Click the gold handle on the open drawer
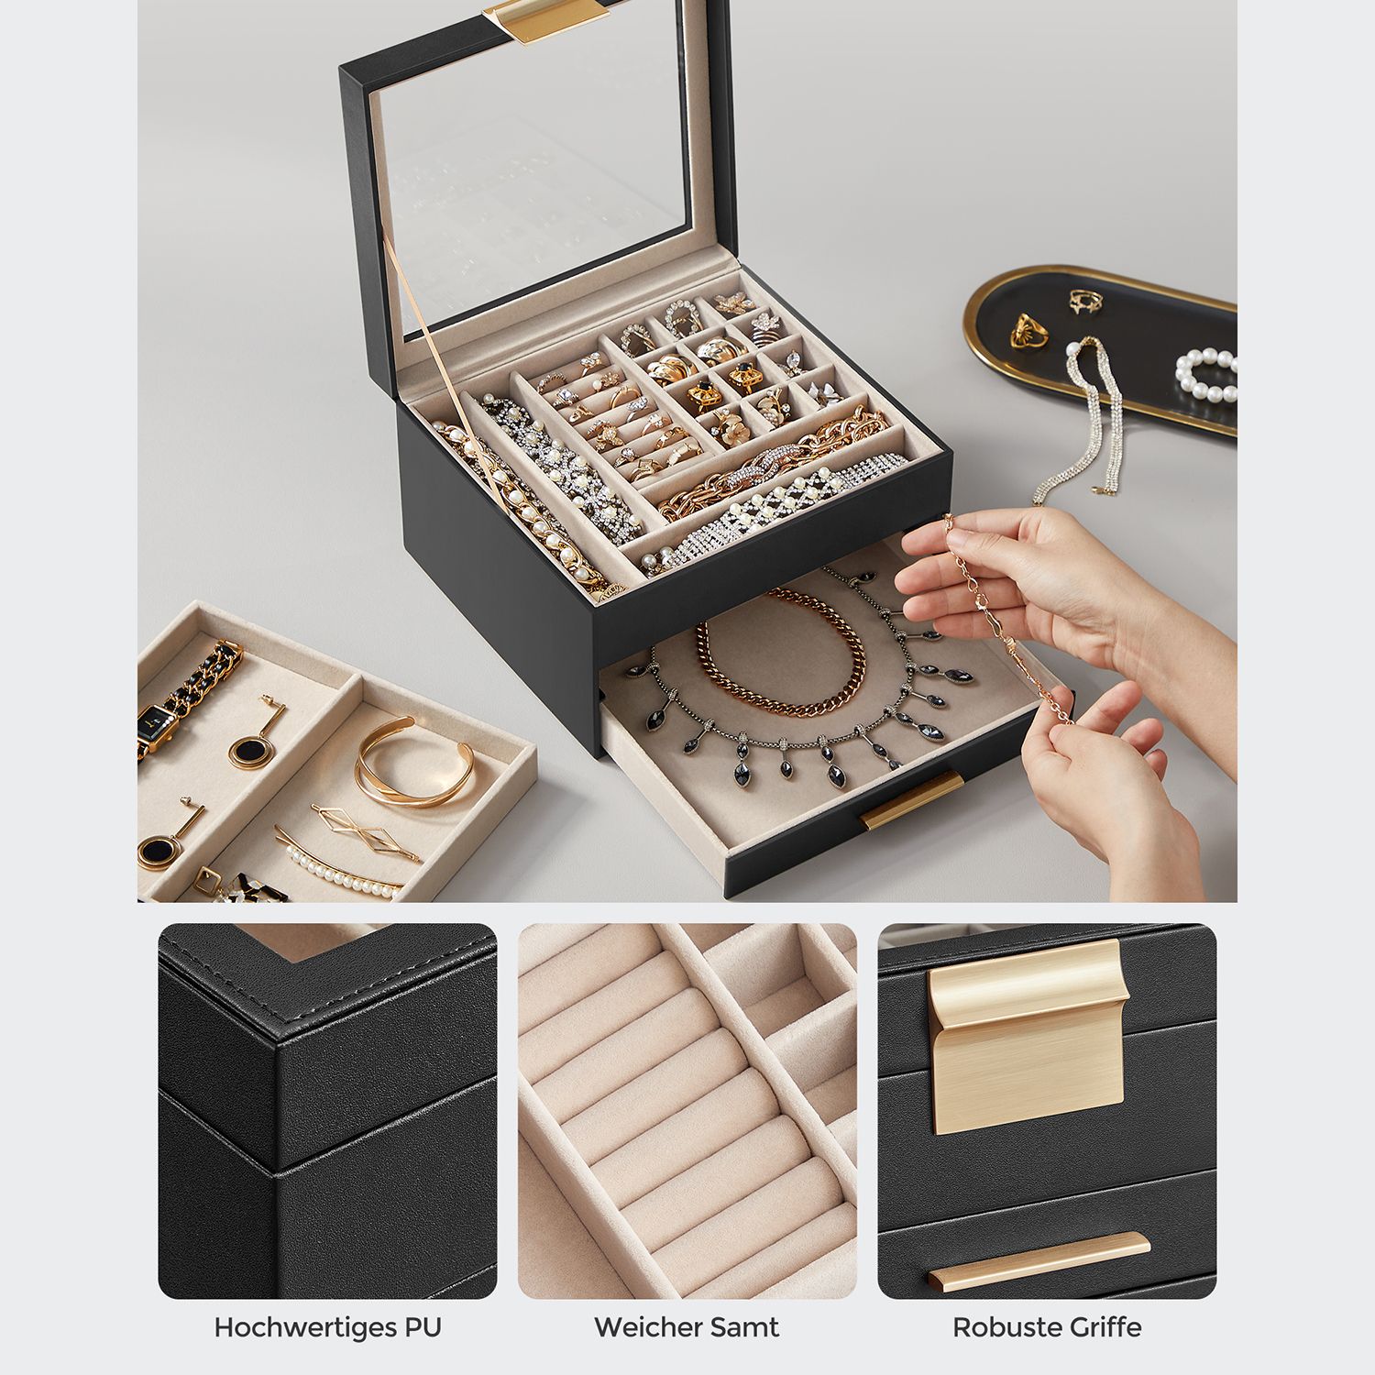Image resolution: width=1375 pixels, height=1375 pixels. pyautogui.click(x=912, y=799)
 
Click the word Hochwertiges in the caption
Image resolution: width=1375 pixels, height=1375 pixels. pyautogui.click(x=296, y=1327)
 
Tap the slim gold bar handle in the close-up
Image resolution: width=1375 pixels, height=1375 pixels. pyautogui.click(x=1038, y=1262)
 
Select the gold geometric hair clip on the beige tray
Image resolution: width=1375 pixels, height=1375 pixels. pyautogui.click(x=366, y=832)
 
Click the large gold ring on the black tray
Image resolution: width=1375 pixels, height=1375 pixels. pyautogui.click(x=1029, y=331)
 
